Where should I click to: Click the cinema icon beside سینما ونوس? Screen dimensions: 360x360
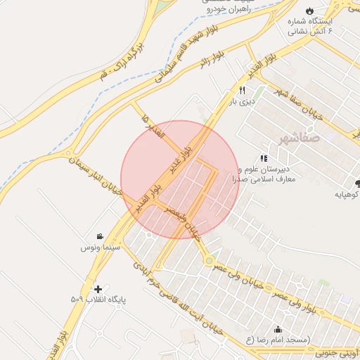(101, 236)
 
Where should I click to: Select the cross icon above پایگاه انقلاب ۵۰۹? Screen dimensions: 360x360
(98, 288)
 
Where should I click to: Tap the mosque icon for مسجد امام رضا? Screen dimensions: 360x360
(278, 329)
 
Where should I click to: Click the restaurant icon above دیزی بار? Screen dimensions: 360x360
(242, 90)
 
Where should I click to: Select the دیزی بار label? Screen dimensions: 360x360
(242, 101)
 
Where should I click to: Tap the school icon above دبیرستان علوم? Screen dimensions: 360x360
(264, 159)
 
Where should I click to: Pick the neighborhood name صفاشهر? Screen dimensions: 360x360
(298, 138)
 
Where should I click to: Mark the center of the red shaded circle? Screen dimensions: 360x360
(180, 179)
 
